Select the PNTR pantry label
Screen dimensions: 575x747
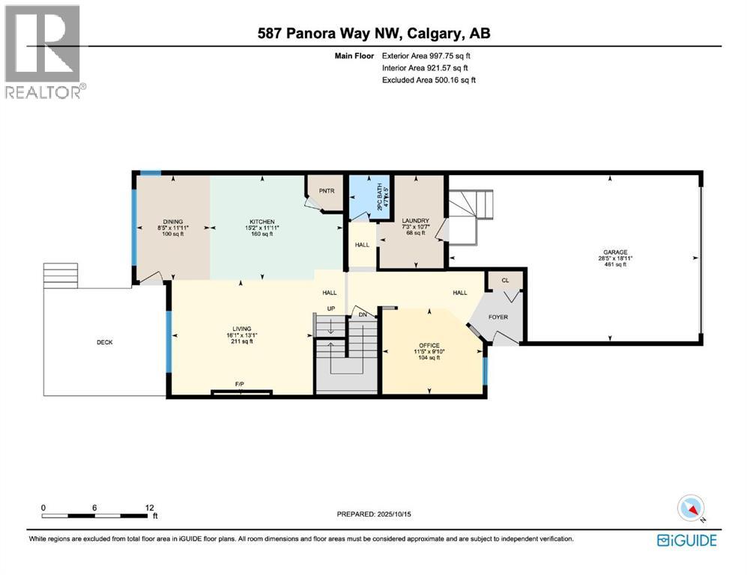coord(326,191)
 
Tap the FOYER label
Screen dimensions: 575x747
coord(498,317)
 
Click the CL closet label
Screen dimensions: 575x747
coord(505,281)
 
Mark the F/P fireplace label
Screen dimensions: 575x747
coord(240,384)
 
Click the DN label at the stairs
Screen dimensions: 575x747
coord(363,315)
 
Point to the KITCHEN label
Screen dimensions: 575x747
coord(262,222)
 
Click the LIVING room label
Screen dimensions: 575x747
coord(241,329)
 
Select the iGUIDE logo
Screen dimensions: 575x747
coord(686,541)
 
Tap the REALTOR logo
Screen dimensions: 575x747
coord(43,52)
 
